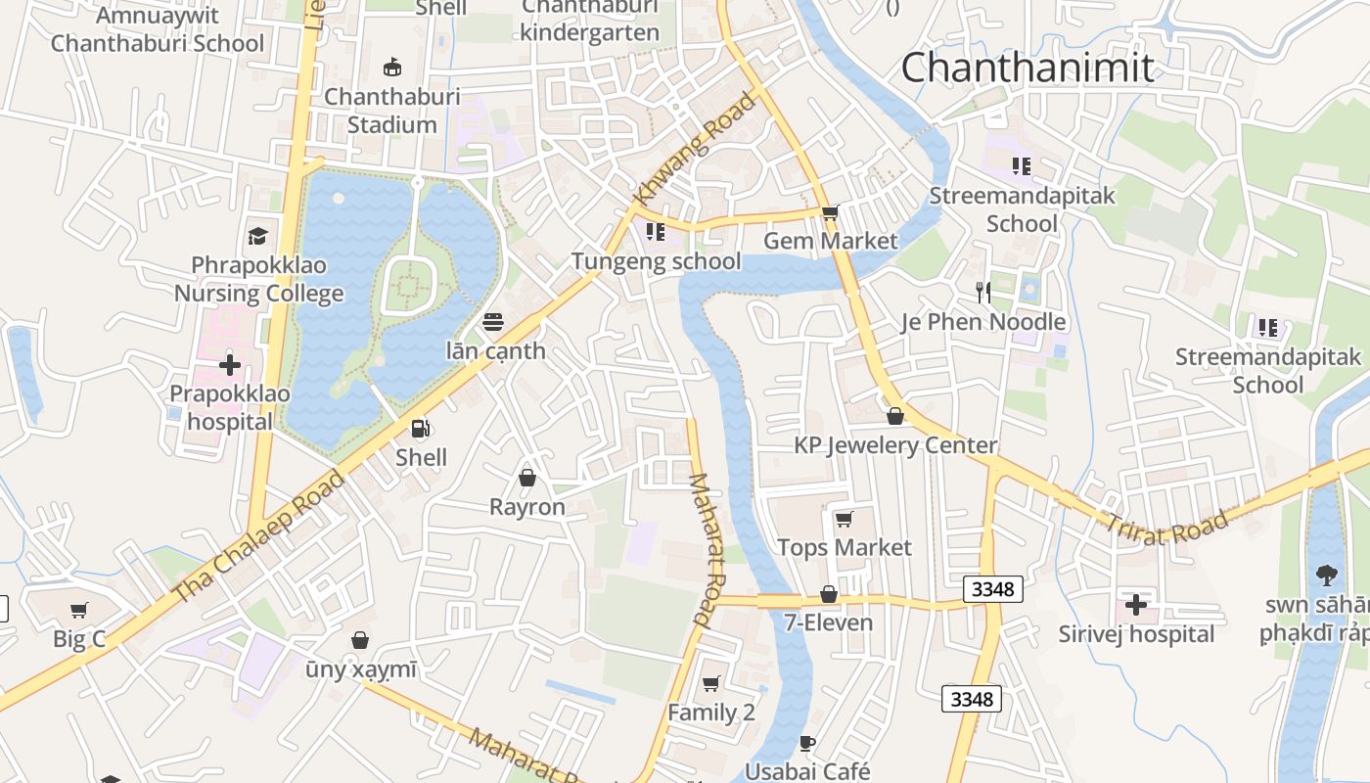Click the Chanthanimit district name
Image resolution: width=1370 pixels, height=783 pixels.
click(x=1027, y=68)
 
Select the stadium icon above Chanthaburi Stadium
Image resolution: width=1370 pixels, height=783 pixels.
click(x=392, y=67)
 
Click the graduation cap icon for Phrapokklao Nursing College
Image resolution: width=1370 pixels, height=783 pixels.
click(x=257, y=236)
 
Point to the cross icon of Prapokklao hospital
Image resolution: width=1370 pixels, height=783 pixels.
click(x=230, y=365)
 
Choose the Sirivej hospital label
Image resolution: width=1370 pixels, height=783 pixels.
click(x=1136, y=634)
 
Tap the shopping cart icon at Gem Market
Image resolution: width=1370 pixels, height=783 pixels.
click(x=830, y=212)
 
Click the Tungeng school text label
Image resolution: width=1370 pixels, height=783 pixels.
click(x=656, y=261)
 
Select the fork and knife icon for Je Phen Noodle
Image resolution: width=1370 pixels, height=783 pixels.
click(x=983, y=292)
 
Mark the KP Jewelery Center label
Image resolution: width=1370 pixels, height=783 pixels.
click(x=895, y=445)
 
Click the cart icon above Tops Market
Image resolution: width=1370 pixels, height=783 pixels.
click(x=844, y=518)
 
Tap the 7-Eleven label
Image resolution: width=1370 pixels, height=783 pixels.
click(x=829, y=622)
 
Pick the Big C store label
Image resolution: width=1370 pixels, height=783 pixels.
click(x=79, y=639)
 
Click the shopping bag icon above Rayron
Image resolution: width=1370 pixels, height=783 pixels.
click(x=527, y=478)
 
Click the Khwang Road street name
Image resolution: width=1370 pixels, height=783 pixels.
click(x=696, y=149)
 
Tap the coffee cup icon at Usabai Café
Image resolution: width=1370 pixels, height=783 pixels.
click(x=807, y=743)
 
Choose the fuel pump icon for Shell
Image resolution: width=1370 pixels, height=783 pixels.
click(x=421, y=429)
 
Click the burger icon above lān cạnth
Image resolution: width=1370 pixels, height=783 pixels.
click(x=493, y=321)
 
